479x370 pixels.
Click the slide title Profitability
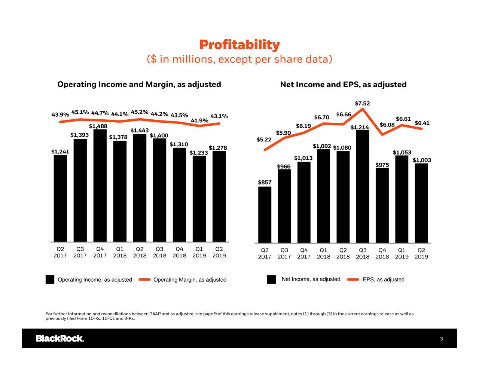coord(239,45)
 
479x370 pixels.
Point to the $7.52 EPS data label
coord(362,103)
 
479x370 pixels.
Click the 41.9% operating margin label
coord(199,120)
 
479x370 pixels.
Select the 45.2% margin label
coord(140,112)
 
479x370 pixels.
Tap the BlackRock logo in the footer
coord(60,339)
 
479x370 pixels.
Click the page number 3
coord(441,339)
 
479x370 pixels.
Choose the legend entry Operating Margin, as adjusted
coord(190,280)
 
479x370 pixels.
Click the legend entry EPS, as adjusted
coord(383,280)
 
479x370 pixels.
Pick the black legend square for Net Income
coord(271,279)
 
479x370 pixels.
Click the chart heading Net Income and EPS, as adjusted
coord(343,85)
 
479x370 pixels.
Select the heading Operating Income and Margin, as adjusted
coord(139,84)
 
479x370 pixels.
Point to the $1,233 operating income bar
coord(199,198)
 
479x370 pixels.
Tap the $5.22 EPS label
coord(264,140)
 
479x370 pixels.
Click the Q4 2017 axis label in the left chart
coord(100,252)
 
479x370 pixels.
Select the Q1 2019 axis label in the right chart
coord(402,253)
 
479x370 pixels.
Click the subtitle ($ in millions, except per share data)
coord(239,59)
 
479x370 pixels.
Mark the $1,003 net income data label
coord(422,160)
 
